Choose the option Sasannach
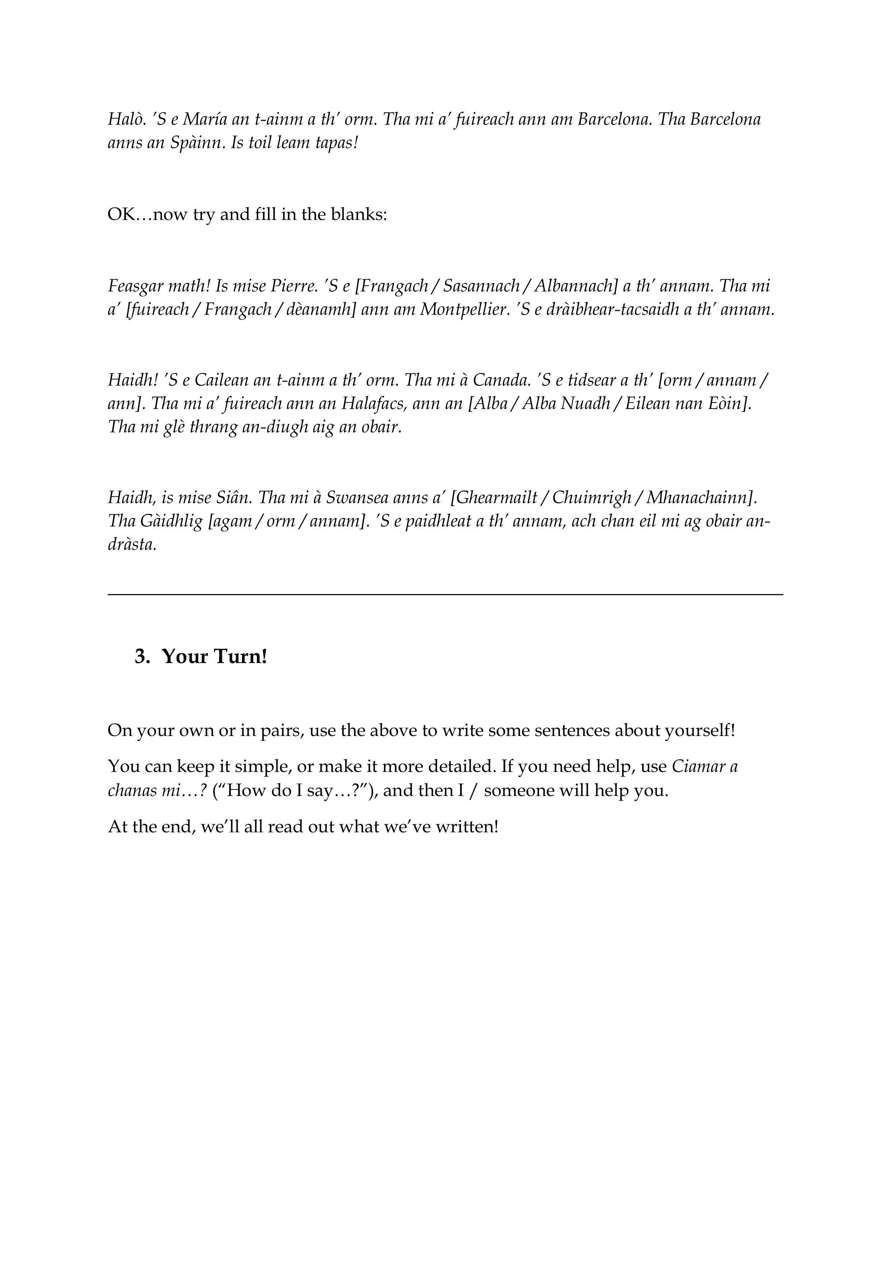(x=481, y=286)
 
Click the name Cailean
(x=221, y=380)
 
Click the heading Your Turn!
(x=214, y=656)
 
